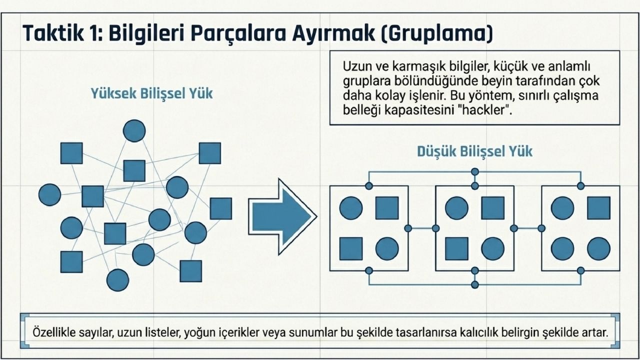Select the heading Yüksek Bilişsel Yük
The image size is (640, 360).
click(151, 93)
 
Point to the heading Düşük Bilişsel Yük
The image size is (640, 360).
click(474, 151)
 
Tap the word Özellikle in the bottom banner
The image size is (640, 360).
click(52, 332)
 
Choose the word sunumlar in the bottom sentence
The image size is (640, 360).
click(317, 332)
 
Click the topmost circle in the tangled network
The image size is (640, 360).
click(134, 131)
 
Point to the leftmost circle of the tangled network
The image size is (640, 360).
click(49, 195)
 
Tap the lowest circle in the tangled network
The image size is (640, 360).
click(117, 280)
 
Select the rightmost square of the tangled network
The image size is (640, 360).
click(220, 208)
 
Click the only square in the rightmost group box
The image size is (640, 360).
click(598, 208)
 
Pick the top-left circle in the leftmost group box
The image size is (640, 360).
click(351, 208)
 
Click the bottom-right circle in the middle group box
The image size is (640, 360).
click(492, 248)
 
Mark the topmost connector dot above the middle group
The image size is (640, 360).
click(474, 171)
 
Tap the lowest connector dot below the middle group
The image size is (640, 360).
click(474, 284)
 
